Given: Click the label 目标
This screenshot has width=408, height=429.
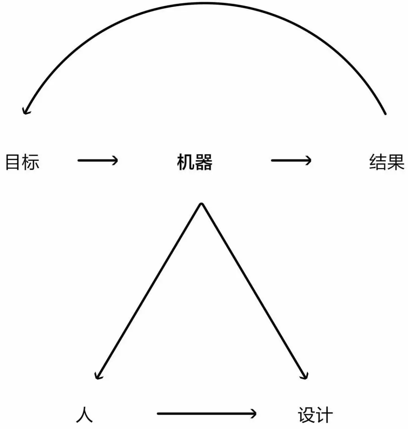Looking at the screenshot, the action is (x=22, y=162).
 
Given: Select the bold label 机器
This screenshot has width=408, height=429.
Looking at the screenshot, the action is (x=195, y=162).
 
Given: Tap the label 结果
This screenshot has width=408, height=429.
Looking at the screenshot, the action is (x=387, y=162).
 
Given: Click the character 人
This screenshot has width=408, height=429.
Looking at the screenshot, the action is (x=84, y=415).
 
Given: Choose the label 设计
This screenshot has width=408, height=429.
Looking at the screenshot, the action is (x=315, y=415).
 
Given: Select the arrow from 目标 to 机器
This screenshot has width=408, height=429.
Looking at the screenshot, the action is (x=98, y=160).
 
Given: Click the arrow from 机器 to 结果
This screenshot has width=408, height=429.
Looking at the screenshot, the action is (x=291, y=160).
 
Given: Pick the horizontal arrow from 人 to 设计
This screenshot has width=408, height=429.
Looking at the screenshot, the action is (x=207, y=414).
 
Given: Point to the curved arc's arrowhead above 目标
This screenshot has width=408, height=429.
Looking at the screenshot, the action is (x=25, y=111).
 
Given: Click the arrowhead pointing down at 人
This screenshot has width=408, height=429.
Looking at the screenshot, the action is (x=97, y=376).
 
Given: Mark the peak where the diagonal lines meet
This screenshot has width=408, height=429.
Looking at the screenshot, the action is (x=201, y=204).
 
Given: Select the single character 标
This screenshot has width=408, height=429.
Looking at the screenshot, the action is (x=31, y=162).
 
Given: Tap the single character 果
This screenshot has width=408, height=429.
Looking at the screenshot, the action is (x=396, y=162).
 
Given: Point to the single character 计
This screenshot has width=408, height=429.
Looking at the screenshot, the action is (x=324, y=415).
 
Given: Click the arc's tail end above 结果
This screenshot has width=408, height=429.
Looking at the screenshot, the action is (x=385, y=114).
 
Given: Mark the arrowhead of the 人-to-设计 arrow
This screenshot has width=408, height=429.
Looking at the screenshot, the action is (x=253, y=414).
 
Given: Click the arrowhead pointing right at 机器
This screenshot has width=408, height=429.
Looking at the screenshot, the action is (x=115, y=160).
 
